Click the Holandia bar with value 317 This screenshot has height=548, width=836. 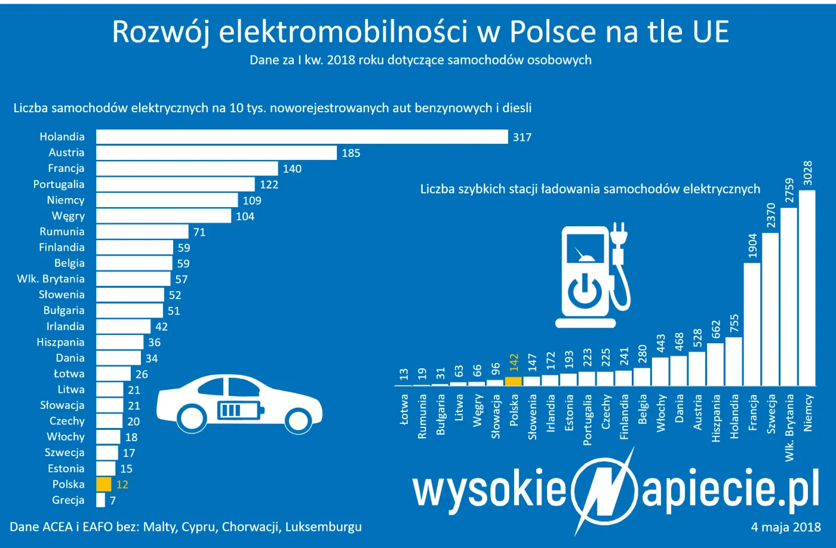click(x=302, y=137)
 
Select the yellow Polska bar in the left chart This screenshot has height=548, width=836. click(x=104, y=484)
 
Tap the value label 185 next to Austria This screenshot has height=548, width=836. click(x=351, y=153)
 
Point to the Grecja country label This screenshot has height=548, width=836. click(x=68, y=500)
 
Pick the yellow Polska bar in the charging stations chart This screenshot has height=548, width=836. click(x=514, y=381)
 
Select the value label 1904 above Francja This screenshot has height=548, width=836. click(x=752, y=245)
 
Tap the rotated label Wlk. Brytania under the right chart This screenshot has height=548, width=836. click(x=789, y=427)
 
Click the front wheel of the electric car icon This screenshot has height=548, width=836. click(x=192, y=418)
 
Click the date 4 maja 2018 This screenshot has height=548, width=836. click(x=786, y=527)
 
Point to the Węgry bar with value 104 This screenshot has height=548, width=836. click(x=164, y=216)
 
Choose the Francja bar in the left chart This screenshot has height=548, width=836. click(x=187, y=168)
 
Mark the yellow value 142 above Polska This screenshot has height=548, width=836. click(x=514, y=362)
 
